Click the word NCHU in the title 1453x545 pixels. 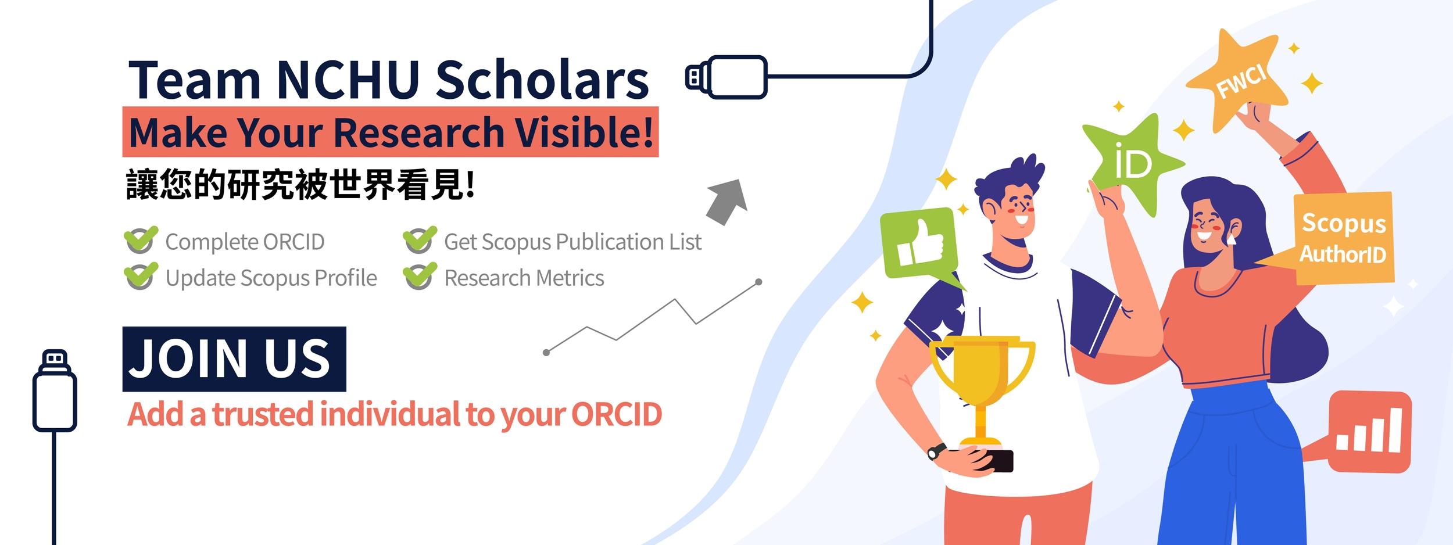click(x=348, y=80)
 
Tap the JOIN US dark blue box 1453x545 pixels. click(x=234, y=358)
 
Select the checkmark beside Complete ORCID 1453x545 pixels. click(x=141, y=239)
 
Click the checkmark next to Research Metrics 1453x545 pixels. click(x=420, y=275)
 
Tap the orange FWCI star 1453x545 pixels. click(x=1238, y=81)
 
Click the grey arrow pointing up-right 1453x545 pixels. click(x=727, y=202)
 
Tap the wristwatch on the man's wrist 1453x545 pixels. click(x=936, y=451)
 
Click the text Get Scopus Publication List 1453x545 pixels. click(x=572, y=242)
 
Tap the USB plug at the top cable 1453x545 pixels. click(x=727, y=77)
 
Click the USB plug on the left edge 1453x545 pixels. click(x=55, y=390)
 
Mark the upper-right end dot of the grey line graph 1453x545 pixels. click(x=758, y=282)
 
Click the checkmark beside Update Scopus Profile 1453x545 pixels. click(x=141, y=275)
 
